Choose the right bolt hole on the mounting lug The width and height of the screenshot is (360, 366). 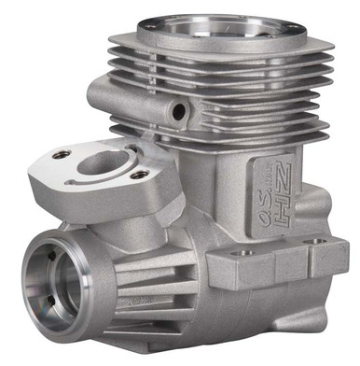323,241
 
